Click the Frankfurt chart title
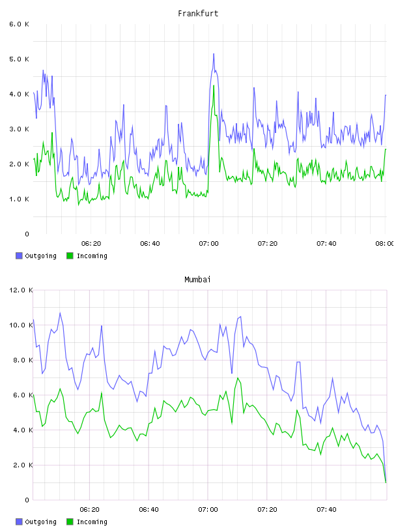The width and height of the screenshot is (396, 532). coord(198,14)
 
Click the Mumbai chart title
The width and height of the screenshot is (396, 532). coord(197,280)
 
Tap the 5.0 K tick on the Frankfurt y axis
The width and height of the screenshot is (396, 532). coord(20,59)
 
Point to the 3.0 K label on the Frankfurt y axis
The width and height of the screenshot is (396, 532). coord(20,129)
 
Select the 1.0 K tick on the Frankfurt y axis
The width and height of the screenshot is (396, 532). coord(20,199)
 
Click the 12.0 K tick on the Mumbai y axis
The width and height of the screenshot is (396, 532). coord(21,290)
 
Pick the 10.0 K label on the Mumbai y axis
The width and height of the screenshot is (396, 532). coord(21,325)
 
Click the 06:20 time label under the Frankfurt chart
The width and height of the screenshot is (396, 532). coord(91,243)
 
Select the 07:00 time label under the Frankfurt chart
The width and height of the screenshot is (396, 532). coord(209,243)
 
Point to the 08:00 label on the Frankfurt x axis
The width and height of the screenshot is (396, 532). coord(384,243)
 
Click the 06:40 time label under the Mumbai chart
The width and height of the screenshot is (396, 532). coord(149,509)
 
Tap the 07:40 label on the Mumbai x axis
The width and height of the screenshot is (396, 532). coord(326,509)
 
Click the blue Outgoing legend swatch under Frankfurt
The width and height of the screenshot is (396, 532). coord(19,256)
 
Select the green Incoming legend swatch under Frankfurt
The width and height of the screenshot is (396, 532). coord(70,256)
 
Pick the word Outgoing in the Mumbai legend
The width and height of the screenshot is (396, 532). coord(40,522)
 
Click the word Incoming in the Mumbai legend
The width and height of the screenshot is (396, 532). coord(92,522)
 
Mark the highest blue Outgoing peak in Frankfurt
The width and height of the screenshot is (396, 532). coord(214,54)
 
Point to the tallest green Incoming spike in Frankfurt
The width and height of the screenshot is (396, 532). coord(214,86)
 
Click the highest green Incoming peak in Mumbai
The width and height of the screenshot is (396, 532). coord(238,378)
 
